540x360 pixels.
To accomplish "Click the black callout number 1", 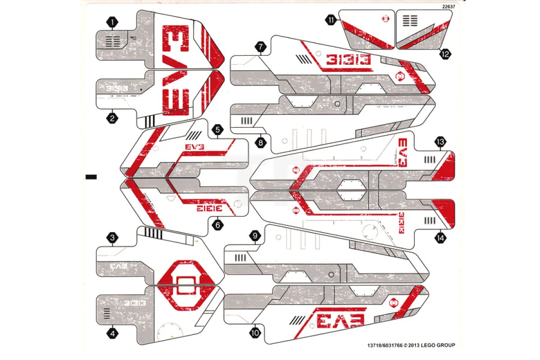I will coord(112,21).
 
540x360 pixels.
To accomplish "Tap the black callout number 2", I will coord(112,118).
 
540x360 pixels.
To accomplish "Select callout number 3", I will coord(112,238).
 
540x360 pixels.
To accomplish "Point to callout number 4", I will coord(112,333).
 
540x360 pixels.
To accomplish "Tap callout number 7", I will coord(260,46).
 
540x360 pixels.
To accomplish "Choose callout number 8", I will coord(260,143).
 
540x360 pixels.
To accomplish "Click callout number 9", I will coord(256,236).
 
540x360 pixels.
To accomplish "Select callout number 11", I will coord(332,20).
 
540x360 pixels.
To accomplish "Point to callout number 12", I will coord(445,54).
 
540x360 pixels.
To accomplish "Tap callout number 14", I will coord(440,238).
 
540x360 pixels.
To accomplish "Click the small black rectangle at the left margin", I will coord(91,177).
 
